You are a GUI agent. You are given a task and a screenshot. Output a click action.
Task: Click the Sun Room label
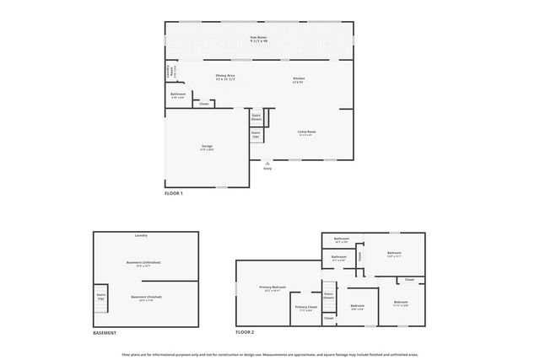[259, 39]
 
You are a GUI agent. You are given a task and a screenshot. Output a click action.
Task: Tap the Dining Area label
[224, 78]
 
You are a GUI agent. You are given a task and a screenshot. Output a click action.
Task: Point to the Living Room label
[305, 132]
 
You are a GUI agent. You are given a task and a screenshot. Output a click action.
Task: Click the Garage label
[207, 148]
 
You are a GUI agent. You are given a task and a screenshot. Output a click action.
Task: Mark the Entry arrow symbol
[268, 163]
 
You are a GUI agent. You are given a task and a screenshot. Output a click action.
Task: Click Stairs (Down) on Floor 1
[257, 118]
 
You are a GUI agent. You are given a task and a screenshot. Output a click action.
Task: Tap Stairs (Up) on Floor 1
[256, 134]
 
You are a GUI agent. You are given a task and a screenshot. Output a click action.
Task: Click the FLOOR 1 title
[174, 193]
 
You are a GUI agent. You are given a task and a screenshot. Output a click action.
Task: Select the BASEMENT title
[105, 332]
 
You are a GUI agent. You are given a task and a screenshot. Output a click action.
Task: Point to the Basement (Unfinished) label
[145, 262]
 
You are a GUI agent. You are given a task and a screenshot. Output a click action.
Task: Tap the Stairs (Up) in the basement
[101, 297]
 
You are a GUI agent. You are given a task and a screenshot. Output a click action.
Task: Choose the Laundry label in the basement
[141, 235]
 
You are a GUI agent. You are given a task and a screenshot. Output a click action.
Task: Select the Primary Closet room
[306, 308]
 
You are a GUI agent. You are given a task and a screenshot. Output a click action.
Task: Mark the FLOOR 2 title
[245, 332]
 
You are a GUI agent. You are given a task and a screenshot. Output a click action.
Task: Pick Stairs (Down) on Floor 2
[329, 296]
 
